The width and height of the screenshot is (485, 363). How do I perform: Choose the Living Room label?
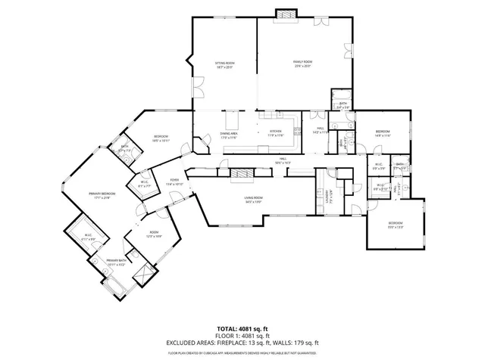(252, 198)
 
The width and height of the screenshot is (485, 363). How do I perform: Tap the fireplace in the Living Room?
(242, 174)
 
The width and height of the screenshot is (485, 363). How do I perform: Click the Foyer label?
(174, 181)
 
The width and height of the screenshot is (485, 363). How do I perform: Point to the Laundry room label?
(328, 198)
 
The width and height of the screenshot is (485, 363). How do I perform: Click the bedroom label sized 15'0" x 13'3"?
(396, 224)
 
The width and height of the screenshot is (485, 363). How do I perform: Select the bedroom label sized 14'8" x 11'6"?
(383, 133)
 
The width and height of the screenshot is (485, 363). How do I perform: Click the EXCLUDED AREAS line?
(242, 343)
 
